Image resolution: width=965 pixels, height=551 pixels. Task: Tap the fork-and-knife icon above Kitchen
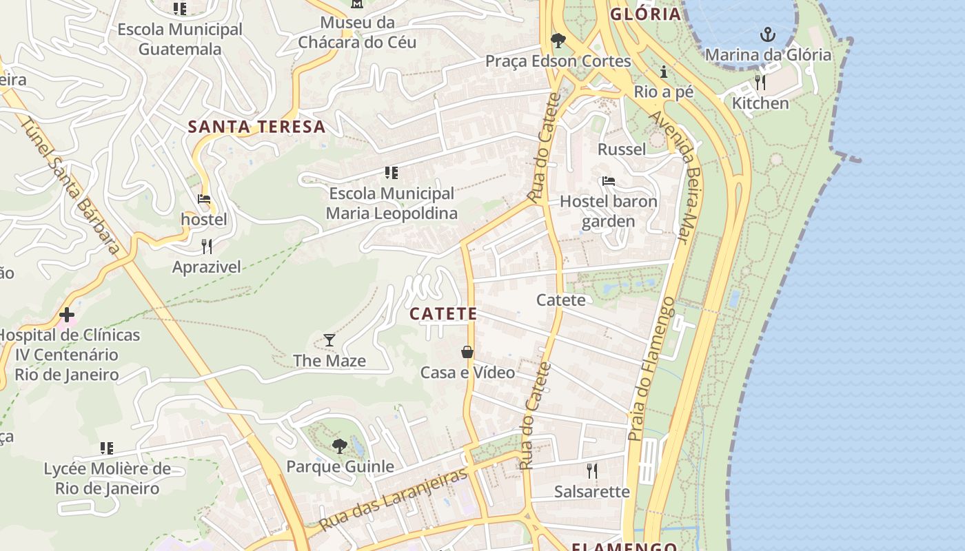[x=760, y=82]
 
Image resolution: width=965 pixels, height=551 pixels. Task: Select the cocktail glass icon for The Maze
[x=329, y=340]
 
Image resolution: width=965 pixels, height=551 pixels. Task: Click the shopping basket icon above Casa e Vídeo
[x=467, y=352]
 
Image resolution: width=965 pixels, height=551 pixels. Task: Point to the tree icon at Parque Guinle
[x=339, y=446]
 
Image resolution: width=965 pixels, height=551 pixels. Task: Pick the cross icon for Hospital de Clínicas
[x=67, y=315]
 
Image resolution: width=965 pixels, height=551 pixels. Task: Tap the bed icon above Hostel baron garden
[x=608, y=181]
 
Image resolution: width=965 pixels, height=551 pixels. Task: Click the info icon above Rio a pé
[x=664, y=72]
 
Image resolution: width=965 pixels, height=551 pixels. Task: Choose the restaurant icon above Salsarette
[x=591, y=470]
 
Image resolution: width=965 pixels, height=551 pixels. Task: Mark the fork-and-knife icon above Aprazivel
[x=206, y=246]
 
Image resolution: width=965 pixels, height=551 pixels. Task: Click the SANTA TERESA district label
[x=256, y=127]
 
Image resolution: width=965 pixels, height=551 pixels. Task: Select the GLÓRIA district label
[x=646, y=14]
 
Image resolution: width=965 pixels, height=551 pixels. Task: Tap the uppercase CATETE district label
[x=443, y=314]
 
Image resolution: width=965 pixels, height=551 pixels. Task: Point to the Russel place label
[x=622, y=149]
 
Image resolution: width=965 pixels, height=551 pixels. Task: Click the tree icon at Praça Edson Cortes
[x=558, y=41]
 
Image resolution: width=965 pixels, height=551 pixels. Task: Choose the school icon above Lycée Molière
[x=107, y=448]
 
